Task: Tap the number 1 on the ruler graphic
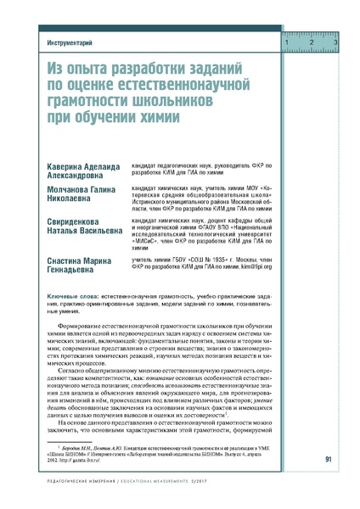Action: coord(288,42)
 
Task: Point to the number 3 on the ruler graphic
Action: coord(335,42)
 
